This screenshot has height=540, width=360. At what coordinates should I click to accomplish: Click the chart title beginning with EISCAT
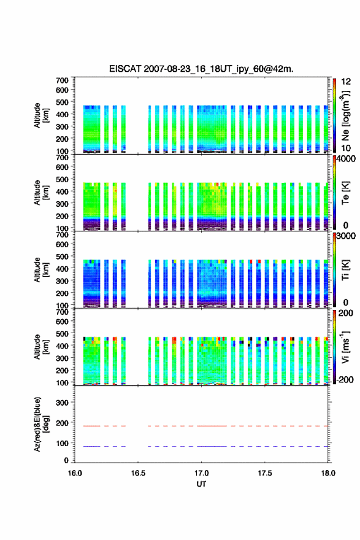tap(201, 69)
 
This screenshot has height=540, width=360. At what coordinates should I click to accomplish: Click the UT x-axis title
tap(201, 484)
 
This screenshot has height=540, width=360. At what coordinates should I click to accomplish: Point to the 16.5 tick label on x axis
tap(138, 473)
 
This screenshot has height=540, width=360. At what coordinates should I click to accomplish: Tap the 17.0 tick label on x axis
tap(201, 473)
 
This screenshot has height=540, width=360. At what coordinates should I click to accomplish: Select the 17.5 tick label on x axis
tap(265, 473)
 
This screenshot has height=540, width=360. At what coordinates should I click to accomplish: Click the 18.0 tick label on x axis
tap(328, 473)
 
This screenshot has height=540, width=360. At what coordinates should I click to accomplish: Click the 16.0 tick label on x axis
tap(75, 473)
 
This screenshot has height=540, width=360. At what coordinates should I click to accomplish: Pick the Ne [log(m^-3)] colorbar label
tap(345, 115)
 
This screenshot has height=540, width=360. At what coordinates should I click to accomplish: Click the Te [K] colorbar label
tap(345, 193)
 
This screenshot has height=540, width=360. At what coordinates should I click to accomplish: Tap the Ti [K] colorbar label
tap(345, 269)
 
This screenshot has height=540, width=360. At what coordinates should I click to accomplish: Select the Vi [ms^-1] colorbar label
tap(345, 347)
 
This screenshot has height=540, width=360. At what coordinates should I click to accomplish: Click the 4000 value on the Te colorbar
tap(346, 159)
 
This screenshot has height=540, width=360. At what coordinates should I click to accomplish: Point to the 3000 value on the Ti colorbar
tap(346, 236)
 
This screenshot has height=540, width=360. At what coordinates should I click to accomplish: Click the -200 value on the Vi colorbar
tap(344, 379)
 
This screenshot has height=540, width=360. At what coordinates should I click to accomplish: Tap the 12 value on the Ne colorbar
tap(346, 82)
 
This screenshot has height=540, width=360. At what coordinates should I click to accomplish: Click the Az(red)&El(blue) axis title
tap(41, 424)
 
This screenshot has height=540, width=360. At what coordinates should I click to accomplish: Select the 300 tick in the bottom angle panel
tap(63, 403)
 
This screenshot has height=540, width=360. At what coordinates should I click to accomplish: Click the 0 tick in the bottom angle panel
tap(66, 460)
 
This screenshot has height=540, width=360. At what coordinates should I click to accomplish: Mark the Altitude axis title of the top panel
tap(41, 115)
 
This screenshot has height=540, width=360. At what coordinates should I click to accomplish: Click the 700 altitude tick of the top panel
tap(63, 80)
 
